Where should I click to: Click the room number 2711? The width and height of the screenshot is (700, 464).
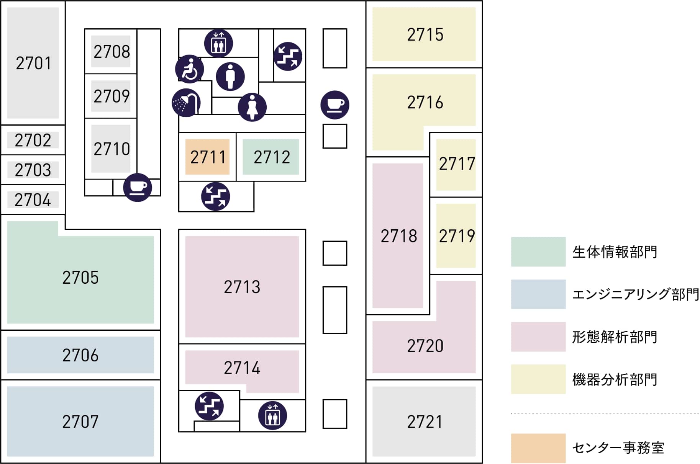[x=208, y=157]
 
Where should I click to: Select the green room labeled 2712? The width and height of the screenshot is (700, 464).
[x=271, y=157]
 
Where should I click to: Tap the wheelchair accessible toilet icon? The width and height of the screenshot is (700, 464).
[x=189, y=69]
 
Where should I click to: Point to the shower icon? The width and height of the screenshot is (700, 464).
[x=186, y=103]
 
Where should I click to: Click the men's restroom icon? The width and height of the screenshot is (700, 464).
[x=230, y=76]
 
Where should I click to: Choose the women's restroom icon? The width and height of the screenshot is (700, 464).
[x=252, y=107]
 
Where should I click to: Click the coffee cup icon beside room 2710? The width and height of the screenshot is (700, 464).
[x=138, y=187]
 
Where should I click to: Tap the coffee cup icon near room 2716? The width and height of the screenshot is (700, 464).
[x=335, y=105]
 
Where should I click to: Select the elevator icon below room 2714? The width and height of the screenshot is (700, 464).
[x=272, y=415]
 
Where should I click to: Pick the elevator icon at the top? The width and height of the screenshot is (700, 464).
[x=218, y=43]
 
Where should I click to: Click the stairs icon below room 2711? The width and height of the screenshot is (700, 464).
[x=216, y=196]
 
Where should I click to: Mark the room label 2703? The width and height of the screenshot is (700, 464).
[x=33, y=170]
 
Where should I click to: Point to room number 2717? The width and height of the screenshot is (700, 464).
[x=457, y=164]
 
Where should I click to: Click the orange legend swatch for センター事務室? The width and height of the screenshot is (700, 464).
[x=538, y=448]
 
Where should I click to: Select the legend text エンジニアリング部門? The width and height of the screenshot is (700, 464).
[x=635, y=294]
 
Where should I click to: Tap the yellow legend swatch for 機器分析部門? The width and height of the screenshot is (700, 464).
[x=538, y=379]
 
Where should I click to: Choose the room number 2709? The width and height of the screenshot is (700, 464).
[x=111, y=96]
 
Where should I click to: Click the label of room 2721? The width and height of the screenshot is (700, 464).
[x=425, y=422]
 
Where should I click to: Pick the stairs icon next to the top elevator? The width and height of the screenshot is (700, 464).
[x=288, y=56]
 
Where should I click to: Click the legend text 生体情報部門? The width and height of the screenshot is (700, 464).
[x=615, y=252]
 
